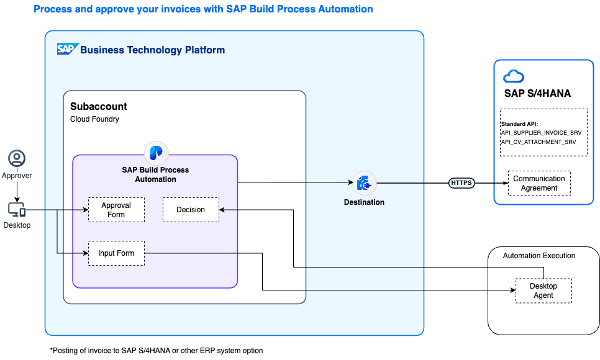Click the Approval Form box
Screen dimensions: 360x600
click(x=116, y=210)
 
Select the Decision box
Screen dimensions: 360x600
click(x=191, y=210)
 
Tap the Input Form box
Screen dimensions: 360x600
click(x=116, y=253)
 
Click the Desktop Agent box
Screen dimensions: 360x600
click(x=543, y=290)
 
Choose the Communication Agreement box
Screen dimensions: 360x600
click(x=539, y=183)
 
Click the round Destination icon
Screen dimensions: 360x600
click(x=365, y=183)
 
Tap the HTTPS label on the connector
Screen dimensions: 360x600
click(x=461, y=183)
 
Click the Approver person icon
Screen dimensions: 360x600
click(x=17, y=159)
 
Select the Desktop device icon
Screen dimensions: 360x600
click(x=17, y=210)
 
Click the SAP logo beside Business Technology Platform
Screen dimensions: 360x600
click(x=67, y=49)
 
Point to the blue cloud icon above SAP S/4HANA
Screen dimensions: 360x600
click(x=514, y=76)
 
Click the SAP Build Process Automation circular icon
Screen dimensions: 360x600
click(x=156, y=153)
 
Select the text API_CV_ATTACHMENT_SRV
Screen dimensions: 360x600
click(x=538, y=142)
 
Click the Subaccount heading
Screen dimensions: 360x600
click(x=99, y=106)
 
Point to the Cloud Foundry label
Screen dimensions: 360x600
click(x=94, y=119)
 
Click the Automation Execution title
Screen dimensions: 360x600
click(x=539, y=256)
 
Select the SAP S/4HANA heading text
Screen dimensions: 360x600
click(x=537, y=94)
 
